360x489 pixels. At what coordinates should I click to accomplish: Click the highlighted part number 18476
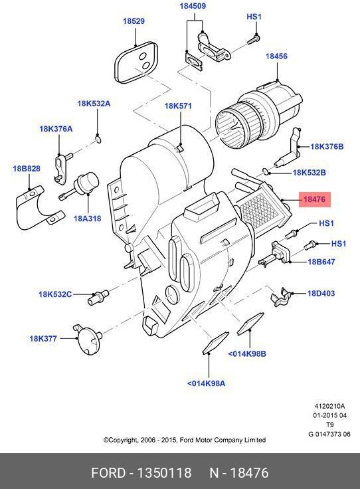(315, 199)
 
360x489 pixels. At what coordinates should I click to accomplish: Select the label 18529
(133, 21)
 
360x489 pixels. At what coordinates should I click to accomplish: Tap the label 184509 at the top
(192, 6)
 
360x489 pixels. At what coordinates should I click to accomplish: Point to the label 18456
(276, 56)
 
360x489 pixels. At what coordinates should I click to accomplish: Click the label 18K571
(178, 106)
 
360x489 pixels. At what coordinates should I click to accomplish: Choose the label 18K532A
(94, 104)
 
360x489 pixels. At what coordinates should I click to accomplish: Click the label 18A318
(87, 218)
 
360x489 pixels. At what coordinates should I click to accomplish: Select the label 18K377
(43, 339)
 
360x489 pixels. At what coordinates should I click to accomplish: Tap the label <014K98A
(206, 383)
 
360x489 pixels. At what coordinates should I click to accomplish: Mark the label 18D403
(321, 293)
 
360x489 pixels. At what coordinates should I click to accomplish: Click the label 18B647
(321, 262)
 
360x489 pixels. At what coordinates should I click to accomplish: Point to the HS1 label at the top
(254, 17)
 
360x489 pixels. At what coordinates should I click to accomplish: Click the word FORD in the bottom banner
(108, 473)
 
